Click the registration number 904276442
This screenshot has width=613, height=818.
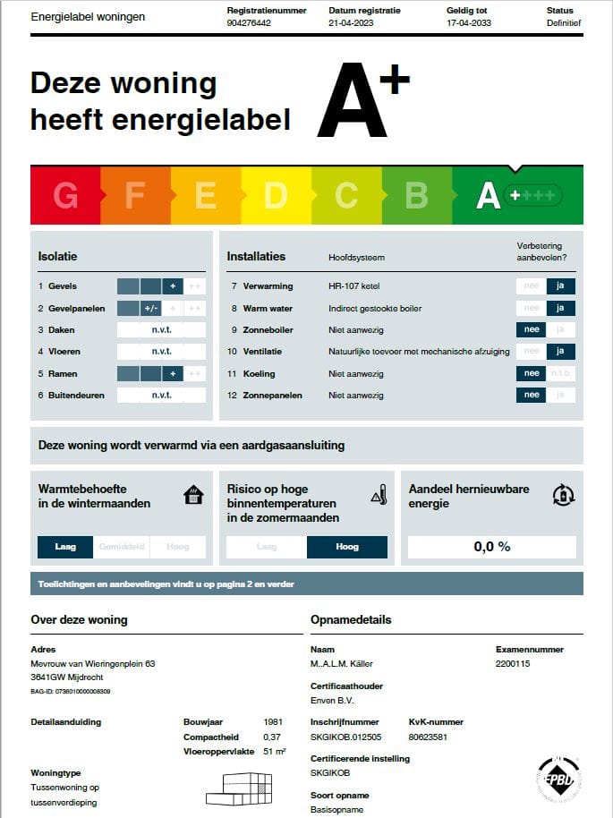tap(250, 23)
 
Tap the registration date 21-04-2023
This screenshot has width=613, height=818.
tap(352, 23)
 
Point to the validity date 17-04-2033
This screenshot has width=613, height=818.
tap(470, 23)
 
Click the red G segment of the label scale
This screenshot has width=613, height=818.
tap(65, 195)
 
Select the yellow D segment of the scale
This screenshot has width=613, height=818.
tap(276, 195)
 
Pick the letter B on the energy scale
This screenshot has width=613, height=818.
tap(416, 195)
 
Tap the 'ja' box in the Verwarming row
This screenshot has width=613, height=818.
tap(561, 286)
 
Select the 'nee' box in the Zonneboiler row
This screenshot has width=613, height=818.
tap(532, 330)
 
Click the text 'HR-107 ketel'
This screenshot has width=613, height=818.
tap(354, 286)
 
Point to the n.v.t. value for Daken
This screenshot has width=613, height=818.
tap(161, 330)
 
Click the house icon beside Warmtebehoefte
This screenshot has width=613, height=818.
tap(193, 495)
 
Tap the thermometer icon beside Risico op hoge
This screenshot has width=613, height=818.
tap(379, 495)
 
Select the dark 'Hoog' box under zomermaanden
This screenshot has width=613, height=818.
tap(346, 547)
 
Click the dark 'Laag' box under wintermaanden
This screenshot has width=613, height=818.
tap(65, 547)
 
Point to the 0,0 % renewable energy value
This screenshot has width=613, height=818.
tap(491, 547)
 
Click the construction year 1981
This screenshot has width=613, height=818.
tap(274, 721)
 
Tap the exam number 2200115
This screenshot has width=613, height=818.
tap(513, 664)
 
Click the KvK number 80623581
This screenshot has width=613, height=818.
tap(429, 737)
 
